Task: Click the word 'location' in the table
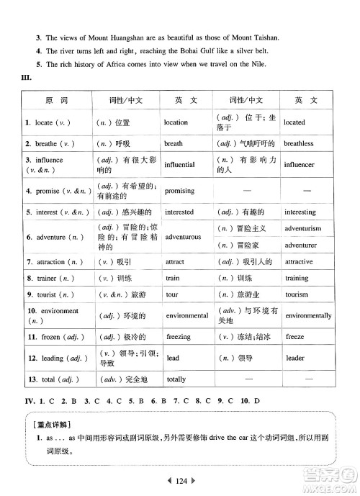pos(176,122)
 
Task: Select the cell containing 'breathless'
pos(299,143)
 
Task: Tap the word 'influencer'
pos(300,165)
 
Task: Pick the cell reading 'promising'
pos(180,191)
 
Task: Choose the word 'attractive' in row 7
pos(299,261)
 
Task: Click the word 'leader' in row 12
pos(295,358)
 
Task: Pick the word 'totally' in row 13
pos(176,379)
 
